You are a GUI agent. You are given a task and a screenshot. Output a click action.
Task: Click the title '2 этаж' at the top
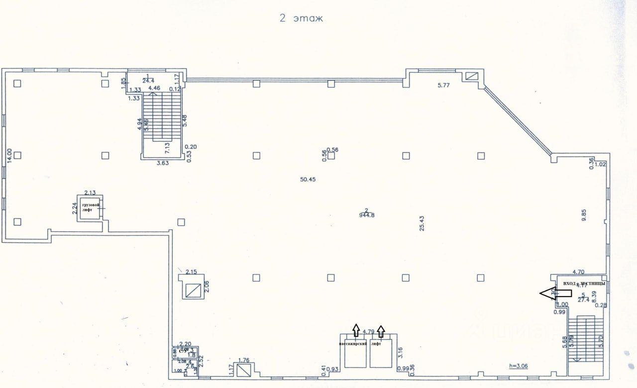click(301, 19)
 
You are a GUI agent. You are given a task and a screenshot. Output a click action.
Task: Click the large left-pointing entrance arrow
click(555, 293)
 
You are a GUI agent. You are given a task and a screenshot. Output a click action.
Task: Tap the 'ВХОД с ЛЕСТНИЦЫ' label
click(584, 284)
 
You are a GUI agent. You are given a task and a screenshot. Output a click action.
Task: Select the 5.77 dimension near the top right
click(443, 86)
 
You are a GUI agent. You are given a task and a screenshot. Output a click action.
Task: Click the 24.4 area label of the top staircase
click(148, 80)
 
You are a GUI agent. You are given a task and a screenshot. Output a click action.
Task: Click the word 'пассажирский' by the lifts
click(353, 344)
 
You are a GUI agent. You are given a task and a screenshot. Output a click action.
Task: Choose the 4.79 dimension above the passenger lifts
click(368, 331)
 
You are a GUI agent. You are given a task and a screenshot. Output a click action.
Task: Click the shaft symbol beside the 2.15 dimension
click(192, 290)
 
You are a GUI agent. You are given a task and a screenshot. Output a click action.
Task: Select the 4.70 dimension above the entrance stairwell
click(578, 272)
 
